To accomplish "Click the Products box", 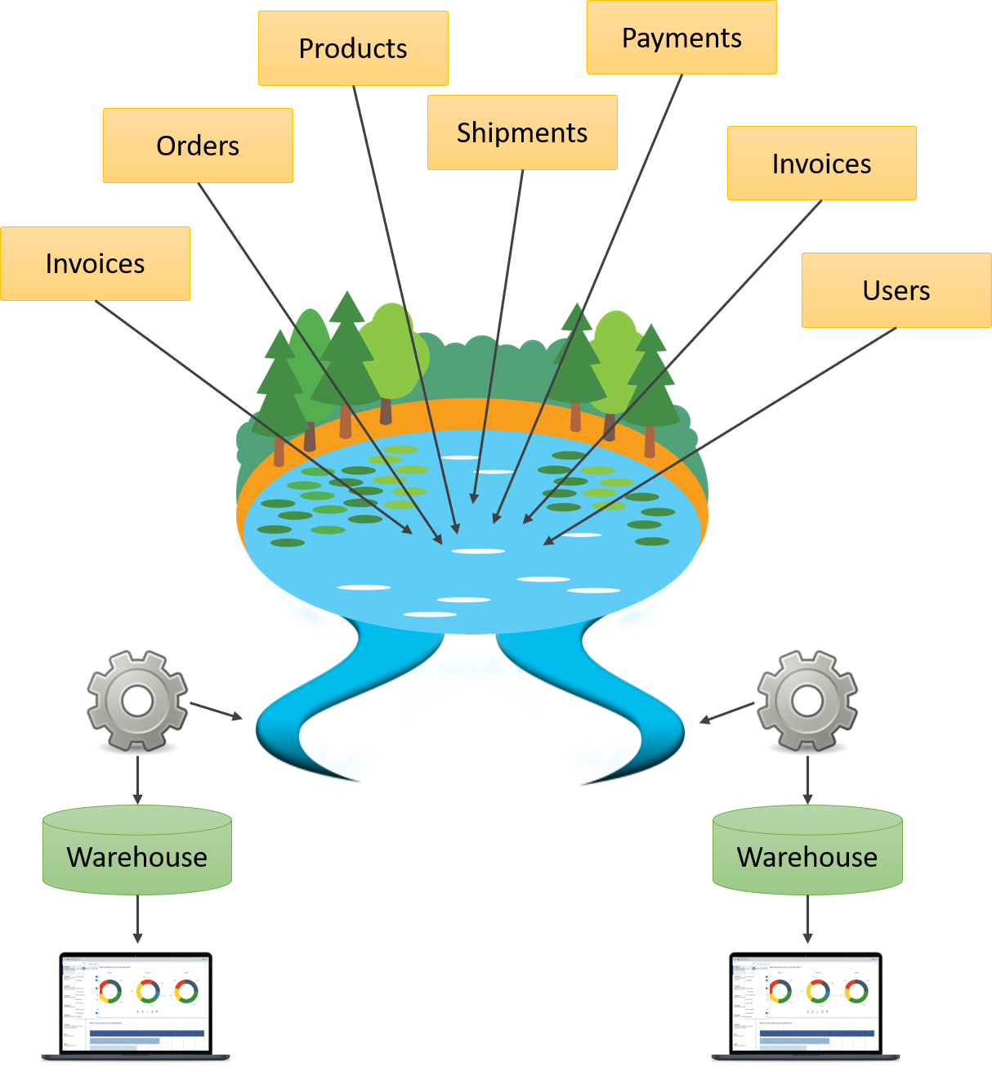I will coord(353,48).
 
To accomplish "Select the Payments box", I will coord(681,38).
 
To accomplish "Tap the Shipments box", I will coord(522,132).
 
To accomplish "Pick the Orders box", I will coord(198,146).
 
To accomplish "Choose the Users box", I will coord(896,290).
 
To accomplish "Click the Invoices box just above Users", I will coord(821,164).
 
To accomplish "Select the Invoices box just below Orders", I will coord(95,263).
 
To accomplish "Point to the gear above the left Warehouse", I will coord(137,701).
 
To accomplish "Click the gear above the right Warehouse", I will coord(807,701).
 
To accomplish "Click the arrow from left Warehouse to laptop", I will coord(137,920).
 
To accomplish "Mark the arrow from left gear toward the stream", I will coord(217,711).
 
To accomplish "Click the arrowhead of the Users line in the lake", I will coord(548,540).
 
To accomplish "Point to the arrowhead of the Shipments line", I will coord(474,497).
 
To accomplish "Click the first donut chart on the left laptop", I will coord(110,992).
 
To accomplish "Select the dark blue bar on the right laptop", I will coord(817,1034).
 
